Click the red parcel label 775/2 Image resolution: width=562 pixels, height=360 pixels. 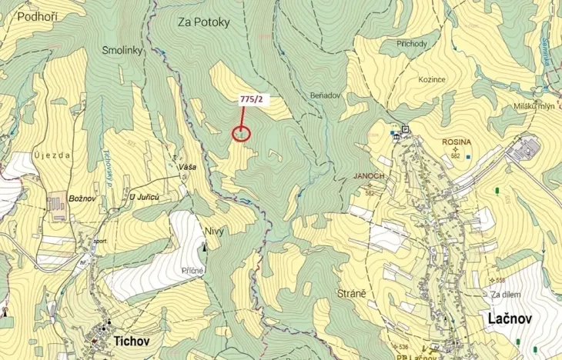click(251, 98)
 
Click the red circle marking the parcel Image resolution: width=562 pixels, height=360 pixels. click(241, 133)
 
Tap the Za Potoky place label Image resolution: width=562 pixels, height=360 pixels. click(204, 22)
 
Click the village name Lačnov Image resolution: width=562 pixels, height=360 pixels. click(508, 318)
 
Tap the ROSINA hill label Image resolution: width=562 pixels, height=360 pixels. click(457, 142)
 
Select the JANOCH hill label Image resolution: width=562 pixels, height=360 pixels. click(369, 175)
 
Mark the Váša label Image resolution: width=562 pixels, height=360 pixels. click(186, 167)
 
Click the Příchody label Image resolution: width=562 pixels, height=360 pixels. click(412, 44)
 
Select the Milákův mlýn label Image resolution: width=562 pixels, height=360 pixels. click(534, 107)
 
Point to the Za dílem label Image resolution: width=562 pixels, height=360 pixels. click(506, 295)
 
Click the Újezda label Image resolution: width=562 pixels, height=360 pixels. click(53, 155)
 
